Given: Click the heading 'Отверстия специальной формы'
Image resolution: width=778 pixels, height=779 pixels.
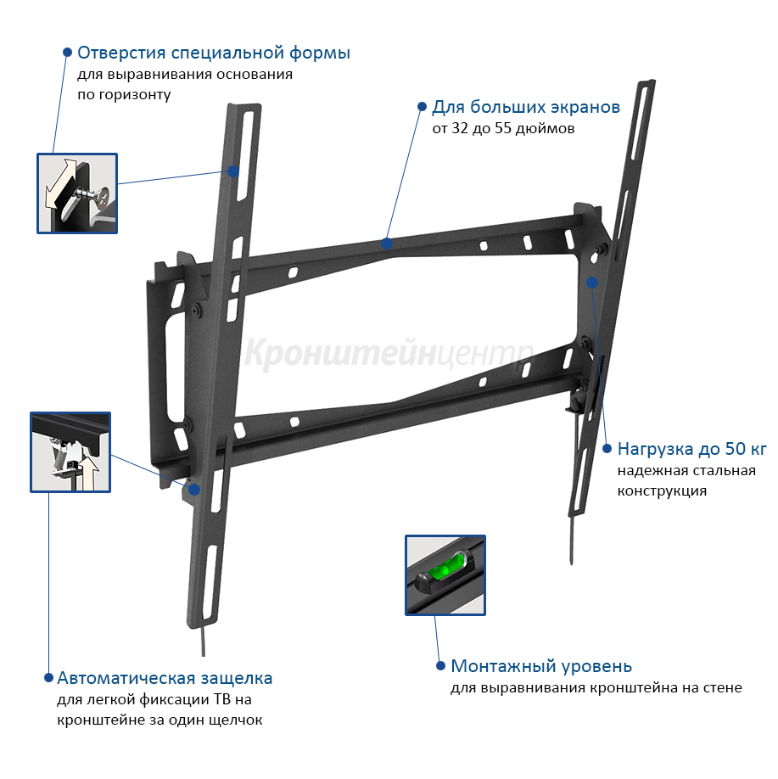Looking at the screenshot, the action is coord(214,53).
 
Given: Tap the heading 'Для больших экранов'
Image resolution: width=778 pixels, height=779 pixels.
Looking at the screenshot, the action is coord(526,107).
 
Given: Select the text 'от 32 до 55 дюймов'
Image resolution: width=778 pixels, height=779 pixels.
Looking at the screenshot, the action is coord(503,129).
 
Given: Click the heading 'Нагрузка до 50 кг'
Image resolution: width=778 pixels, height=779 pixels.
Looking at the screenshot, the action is coord(692,449).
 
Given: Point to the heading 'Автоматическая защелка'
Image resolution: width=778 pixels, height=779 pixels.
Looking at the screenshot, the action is coord(165,678).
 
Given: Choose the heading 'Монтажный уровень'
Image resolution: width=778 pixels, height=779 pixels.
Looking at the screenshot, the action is coord(541,666).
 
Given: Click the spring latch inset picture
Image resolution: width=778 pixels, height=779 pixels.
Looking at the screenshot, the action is coord(70,452).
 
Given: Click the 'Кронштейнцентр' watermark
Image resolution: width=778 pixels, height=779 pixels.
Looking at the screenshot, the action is coord(389,353).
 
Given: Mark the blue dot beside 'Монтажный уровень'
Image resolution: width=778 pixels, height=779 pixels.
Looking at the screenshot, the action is coord(440,666).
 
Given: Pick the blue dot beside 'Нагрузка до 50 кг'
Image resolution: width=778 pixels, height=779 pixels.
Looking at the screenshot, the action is coord(607,449).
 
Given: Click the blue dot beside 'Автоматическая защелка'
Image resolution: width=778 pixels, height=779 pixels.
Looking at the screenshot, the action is coord(48,678).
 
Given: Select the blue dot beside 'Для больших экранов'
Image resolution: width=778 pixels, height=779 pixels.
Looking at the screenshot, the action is coord(422,106).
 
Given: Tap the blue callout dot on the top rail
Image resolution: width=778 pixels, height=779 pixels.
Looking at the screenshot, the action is coord(387,244).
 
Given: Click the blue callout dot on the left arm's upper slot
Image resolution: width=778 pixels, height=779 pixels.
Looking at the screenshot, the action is coord(233,171).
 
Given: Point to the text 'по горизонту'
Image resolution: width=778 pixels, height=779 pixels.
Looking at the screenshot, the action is coord(124,94).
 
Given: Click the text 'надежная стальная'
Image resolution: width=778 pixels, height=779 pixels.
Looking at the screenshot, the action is coord(686,470).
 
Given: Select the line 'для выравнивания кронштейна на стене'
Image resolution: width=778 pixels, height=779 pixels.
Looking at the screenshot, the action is coord(596,688).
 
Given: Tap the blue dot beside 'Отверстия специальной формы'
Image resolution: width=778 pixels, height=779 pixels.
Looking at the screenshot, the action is coord(68,52).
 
